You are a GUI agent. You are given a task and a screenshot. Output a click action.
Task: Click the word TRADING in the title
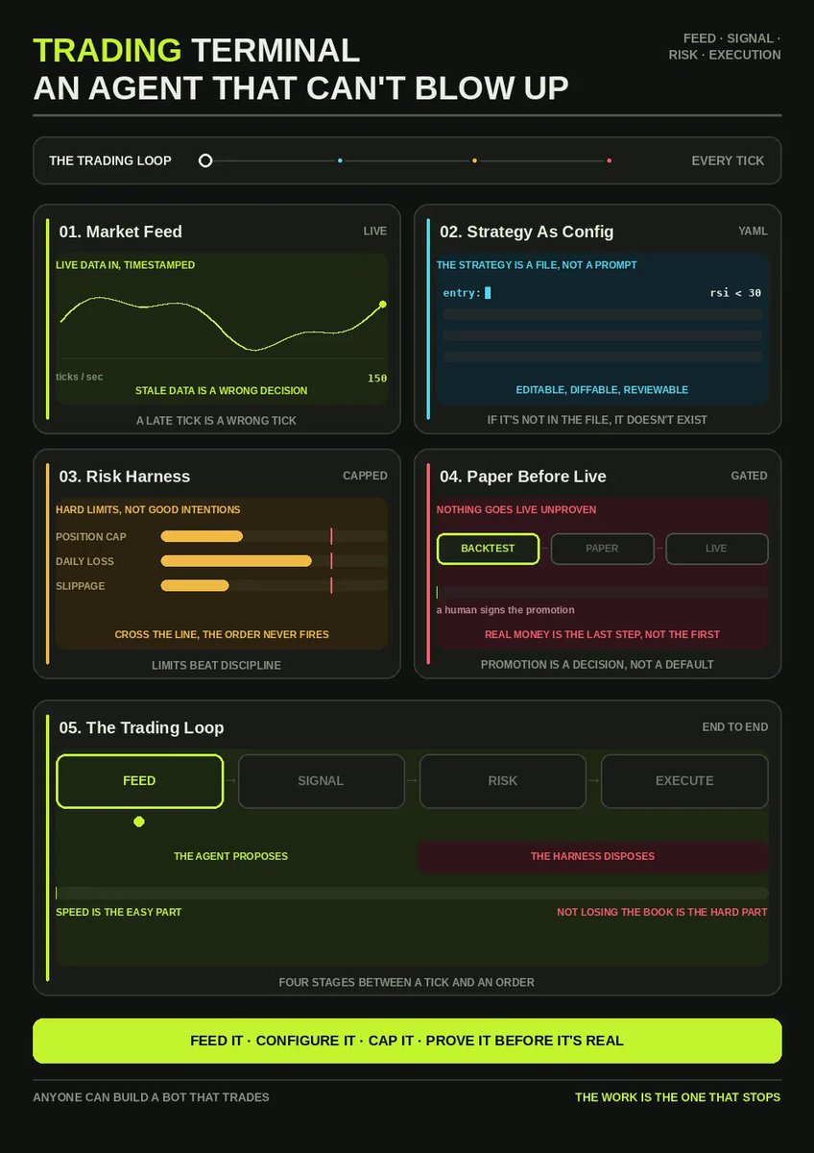pyautogui.click(x=108, y=50)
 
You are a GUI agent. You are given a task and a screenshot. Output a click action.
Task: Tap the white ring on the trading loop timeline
pyautogui.click(x=205, y=160)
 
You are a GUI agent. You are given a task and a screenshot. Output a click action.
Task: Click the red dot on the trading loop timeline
pyautogui.click(x=610, y=160)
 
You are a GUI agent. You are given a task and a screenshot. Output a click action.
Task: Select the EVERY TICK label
pyautogui.click(x=728, y=160)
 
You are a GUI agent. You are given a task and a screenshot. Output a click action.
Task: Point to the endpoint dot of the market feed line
pyautogui.click(x=383, y=305)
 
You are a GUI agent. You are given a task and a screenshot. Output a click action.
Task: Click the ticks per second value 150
pyautogui.click(x=377, y=379)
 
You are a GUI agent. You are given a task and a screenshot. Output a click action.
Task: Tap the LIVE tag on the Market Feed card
pyautogui.click(x=375, y=232)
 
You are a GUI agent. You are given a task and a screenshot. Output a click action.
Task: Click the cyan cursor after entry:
pyautogui.click(x=488, y=292)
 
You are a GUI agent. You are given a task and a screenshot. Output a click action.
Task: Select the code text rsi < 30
pyautogui.click(x=735, y=293)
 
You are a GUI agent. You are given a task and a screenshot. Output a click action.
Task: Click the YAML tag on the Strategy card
pyautogui.click(x=753, y=232)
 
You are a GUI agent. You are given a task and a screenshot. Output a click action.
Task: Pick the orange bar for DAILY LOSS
pyautogui.click(x=236, y=561)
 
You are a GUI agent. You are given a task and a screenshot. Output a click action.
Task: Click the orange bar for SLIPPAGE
pyautogui.click(x=195, y=586)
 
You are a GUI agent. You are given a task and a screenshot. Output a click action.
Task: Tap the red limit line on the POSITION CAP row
pyautogui.click(x=332, y=536)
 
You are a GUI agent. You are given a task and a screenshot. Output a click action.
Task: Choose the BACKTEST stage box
pyautogui.click(x=488, y=549)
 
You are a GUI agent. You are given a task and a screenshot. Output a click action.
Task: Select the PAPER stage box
pyautogui.click(x=602, y=549)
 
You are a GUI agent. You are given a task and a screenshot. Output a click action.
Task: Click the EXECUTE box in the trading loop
pyautogui.click(x=684, y=781)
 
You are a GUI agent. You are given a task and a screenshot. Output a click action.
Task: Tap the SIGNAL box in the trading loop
pyautogui.click(x=321, y=781)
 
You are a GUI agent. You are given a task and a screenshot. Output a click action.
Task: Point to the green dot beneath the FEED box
pyautogui.click(x=139, y=822)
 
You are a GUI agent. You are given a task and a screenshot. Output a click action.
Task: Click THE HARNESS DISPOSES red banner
pyautogui.click(x=593, y=856)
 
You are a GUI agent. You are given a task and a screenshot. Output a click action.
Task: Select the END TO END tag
pyautogui.click(x=735, y=726)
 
